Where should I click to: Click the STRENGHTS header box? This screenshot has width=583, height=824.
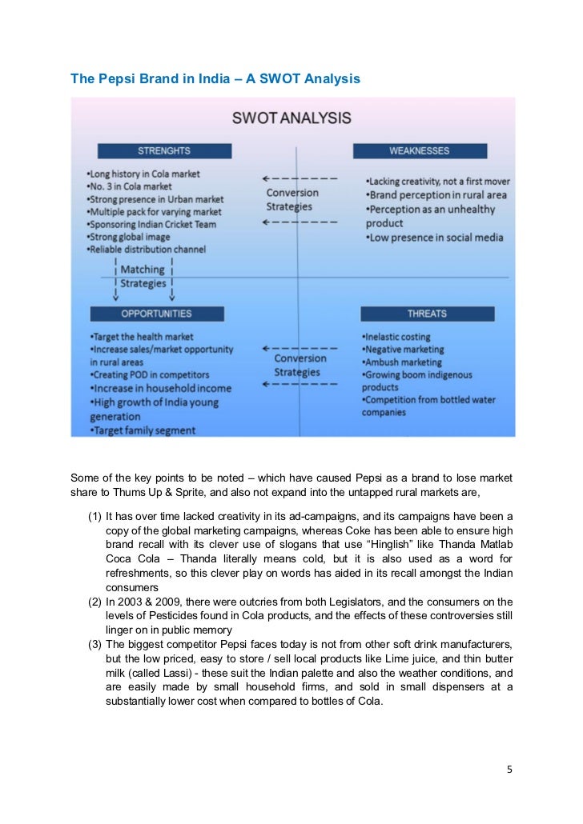pyautogui.click(x=164, y=150)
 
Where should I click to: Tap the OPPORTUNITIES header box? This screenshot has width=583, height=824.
pyautogui.click(x=156, y=313)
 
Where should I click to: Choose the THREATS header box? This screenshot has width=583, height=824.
pyautogui.click(x=427, y=313)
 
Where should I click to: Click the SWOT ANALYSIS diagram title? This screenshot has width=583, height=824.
pyautogui.click(x=291, y=118)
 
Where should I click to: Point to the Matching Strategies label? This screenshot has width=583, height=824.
pyautogui.click(x=143, y=276)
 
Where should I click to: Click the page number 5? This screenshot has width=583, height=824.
pyautogui.click(x=509, y=770)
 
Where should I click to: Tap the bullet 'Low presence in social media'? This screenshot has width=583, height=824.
pyautogui.click(x=434, y=238)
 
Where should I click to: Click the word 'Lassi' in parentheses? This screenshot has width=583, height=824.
pyautogui.click(x=173, y=673)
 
